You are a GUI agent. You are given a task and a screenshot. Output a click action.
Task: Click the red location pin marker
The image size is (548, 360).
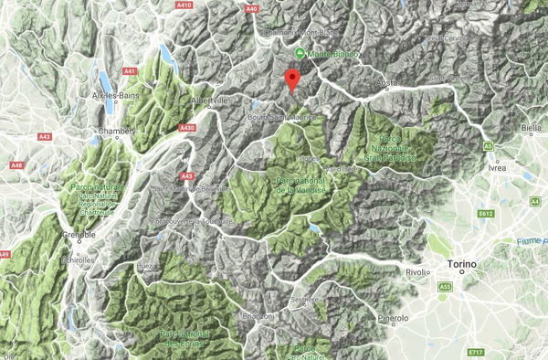coord(292,79)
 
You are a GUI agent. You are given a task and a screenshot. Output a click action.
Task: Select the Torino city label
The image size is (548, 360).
coord(462,266)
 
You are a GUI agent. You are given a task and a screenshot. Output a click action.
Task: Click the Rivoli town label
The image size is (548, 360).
coord(416,271)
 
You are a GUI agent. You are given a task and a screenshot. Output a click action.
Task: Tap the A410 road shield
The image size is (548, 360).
coord(184,5)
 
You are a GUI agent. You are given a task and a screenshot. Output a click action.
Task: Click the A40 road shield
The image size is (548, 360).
coord(253,8)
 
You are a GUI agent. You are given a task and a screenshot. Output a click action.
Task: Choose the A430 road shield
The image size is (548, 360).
coord(188,128)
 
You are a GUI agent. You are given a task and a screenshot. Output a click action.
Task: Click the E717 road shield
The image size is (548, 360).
coord(474,352)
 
